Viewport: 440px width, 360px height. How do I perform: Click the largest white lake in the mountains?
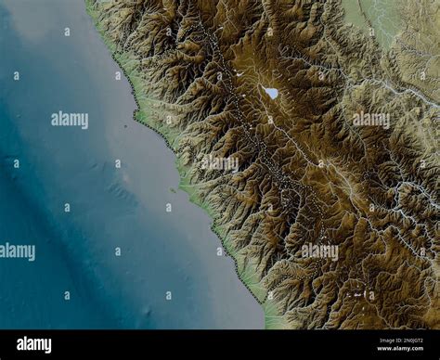271,92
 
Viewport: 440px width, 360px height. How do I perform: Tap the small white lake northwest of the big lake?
239,72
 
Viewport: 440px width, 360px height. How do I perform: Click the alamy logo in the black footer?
34,344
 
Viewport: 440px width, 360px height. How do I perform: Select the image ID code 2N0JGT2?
402,340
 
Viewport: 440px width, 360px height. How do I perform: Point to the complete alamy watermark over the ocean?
70,120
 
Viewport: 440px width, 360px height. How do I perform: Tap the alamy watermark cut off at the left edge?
17,251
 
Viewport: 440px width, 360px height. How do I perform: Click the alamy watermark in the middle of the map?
218,163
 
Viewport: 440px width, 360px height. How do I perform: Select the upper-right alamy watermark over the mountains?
371,120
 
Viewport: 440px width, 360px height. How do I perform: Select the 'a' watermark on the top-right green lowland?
373,31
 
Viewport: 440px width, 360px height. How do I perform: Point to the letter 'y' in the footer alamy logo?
47,346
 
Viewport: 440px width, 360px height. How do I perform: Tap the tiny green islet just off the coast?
172,190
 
